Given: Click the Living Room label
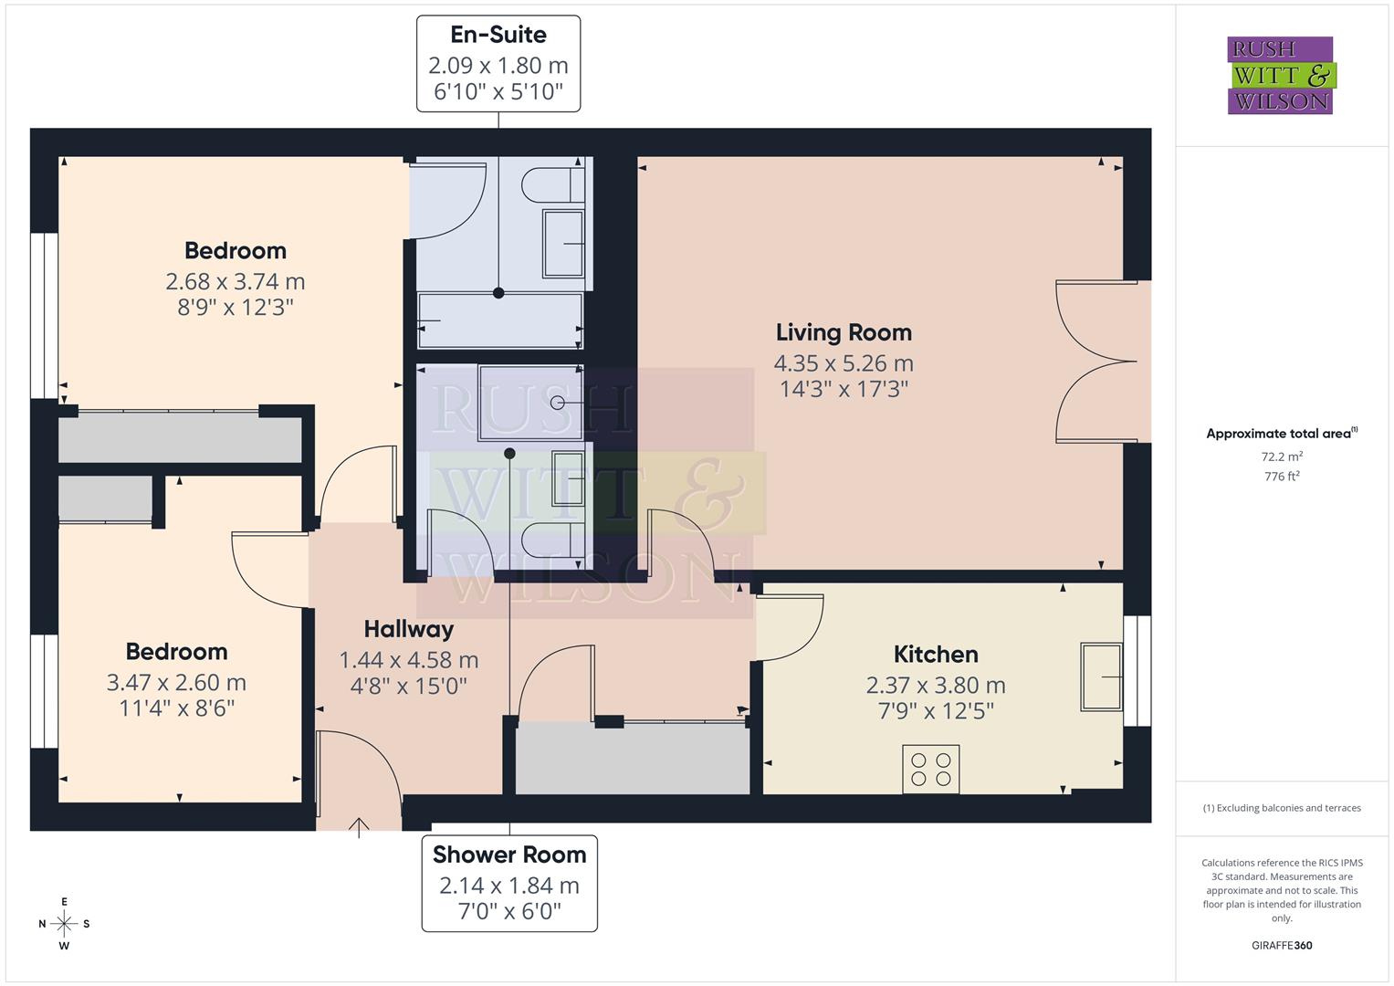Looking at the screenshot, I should tap(844, 332).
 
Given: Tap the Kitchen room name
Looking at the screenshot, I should tap(936, 655).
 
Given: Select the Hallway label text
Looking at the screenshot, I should tap(408, 629).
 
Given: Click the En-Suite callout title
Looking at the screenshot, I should tap(498, 35).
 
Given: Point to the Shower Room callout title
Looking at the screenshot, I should tap(509, 855).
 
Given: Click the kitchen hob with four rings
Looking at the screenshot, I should tap(930, 769).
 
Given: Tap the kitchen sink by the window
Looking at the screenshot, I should tap(1101, 677).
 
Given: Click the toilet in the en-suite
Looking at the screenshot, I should tap(551, 186).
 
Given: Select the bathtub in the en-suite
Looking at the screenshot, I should tap(500, 321).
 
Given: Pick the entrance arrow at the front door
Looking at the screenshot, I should tap(359, 827).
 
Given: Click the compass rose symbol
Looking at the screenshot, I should tap(64, 924).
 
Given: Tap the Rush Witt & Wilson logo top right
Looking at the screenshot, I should tap(1280, 76).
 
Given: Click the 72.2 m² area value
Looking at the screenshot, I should tap(1281, 456).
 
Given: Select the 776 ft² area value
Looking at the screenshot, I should tap(1281, 476).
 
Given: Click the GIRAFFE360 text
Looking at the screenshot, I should tap(1281, 945).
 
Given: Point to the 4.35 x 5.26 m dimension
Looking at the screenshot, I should tap(844, 363).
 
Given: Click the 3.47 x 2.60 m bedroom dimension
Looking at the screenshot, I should tap(176, 683).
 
